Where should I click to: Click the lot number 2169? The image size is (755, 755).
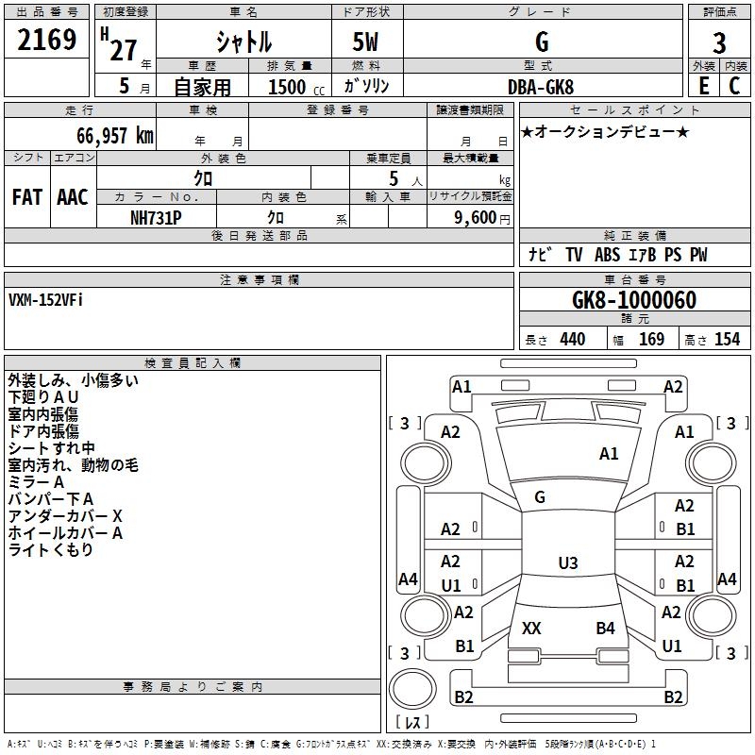47,42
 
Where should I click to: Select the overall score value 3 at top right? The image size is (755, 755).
719,42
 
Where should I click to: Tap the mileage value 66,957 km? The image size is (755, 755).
109,135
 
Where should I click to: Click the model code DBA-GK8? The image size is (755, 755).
541,86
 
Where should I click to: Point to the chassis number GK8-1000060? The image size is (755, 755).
634,300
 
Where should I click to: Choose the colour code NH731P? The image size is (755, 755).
156,217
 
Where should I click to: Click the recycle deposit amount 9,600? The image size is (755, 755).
474,217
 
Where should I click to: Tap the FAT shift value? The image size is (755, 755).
27,197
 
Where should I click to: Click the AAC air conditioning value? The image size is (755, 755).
73,197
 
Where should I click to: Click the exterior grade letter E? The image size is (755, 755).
703,86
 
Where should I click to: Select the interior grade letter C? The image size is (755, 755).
734,86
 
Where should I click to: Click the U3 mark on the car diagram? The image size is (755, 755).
567,563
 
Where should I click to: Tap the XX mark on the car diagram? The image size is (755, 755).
531,628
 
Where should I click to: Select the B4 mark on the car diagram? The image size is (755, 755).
605,628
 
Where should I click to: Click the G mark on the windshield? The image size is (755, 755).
540,497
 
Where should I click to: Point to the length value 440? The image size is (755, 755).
572,340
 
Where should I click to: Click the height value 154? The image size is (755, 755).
727,340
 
